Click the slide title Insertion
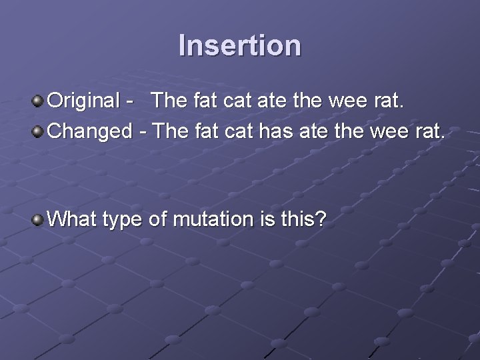click(240, 46)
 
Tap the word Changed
click(91, 131)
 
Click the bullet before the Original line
click(39, 101)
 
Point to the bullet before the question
click(39, 219)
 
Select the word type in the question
click(124, 220)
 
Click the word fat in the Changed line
click(207, 131)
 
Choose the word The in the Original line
click(170, 101)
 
